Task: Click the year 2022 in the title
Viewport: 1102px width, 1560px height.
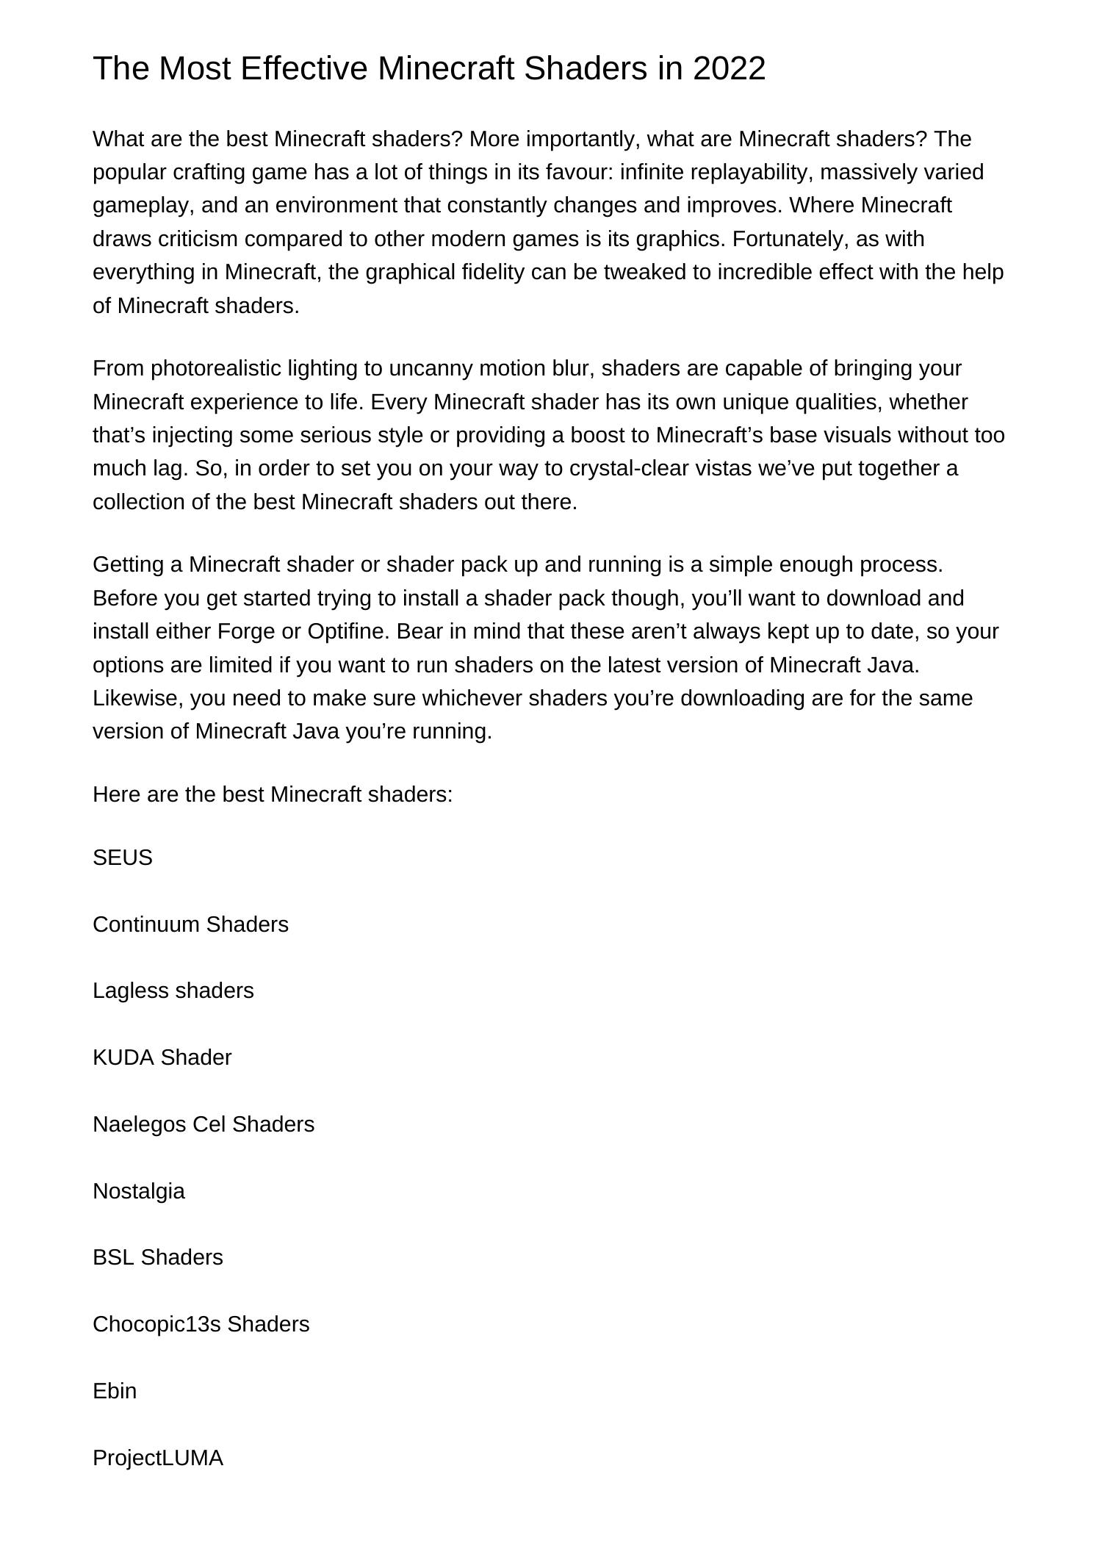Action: click(x=729, y=68)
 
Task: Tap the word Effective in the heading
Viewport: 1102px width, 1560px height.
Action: click(x=303, y=68)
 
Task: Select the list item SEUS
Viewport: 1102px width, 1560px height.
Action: click(x=123, y=858)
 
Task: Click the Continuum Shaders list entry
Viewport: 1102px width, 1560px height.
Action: click(x=190, y=924)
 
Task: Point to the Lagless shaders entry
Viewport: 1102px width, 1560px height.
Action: click(x=173, y=991)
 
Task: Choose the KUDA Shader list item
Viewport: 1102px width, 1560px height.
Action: click(x=162, y=1057)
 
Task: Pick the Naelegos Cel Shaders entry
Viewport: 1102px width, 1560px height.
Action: click(x=204, y=1124)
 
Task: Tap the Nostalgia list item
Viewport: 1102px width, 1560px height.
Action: click(x=139, y=1191)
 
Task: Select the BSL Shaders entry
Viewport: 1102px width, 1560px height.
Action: click(x=158, y=1257)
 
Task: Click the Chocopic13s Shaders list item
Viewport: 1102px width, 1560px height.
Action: click(x=201, y=1324)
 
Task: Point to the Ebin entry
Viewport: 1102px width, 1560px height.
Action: click(x=115, y=1391)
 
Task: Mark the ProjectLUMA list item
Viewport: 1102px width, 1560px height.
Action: click(x=158, y=1458)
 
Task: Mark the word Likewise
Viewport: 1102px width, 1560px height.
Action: click(x=137, y=698)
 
